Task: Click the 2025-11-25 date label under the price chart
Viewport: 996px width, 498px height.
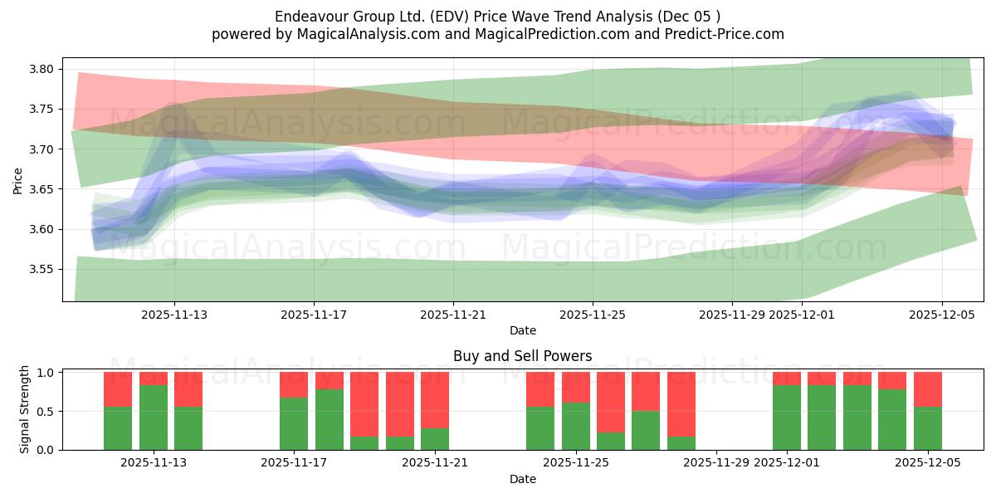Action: click(593, 315)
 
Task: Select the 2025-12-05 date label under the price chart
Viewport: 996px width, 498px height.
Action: click(941, 315)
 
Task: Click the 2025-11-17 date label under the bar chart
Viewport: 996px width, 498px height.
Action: click(294, 463)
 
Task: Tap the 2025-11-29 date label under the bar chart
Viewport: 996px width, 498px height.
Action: click(715, 463)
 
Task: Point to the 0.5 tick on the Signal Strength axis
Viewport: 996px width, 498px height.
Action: click(46, 412)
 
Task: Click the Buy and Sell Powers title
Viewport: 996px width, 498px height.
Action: click(522, 356)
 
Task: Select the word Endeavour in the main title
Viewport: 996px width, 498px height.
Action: click(308, 17)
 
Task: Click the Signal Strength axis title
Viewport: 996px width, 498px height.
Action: click(25, 409)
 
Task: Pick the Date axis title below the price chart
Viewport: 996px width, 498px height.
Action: click(522, 330)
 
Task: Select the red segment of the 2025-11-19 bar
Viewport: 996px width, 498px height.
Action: click(364, 403)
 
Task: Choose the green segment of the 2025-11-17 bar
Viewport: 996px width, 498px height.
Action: click(294, 423)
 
